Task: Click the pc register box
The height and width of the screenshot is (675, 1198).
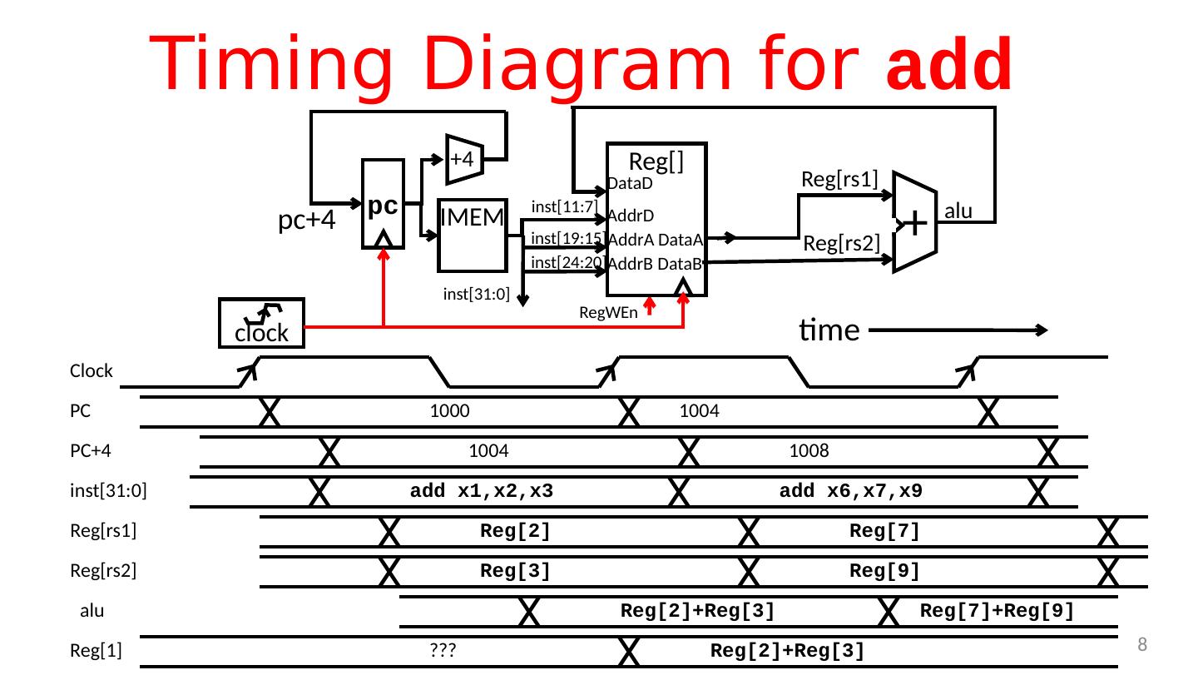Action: [x=383, y=204]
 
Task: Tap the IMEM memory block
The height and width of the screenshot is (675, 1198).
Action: [x=472, y=236]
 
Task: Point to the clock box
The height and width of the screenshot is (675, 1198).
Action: [x=261, y=323]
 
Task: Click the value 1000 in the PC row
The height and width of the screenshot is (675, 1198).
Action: [x=449, y=411]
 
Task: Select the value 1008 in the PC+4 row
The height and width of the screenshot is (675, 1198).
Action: [x=808, y=451]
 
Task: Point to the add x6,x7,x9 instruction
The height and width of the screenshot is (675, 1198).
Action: [x=850, y=491]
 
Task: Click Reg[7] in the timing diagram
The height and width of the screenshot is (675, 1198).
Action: [x=884, y=531]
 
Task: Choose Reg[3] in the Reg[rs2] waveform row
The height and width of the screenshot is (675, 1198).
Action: [x=516, y=571]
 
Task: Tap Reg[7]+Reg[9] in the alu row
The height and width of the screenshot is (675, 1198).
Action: [x=998, y=611]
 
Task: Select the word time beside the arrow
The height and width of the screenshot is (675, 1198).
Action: [x=828, y=330]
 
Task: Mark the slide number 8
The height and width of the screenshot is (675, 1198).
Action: [x=1142, y=643]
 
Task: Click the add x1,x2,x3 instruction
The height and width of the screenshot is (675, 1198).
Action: [x=483, y=491]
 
